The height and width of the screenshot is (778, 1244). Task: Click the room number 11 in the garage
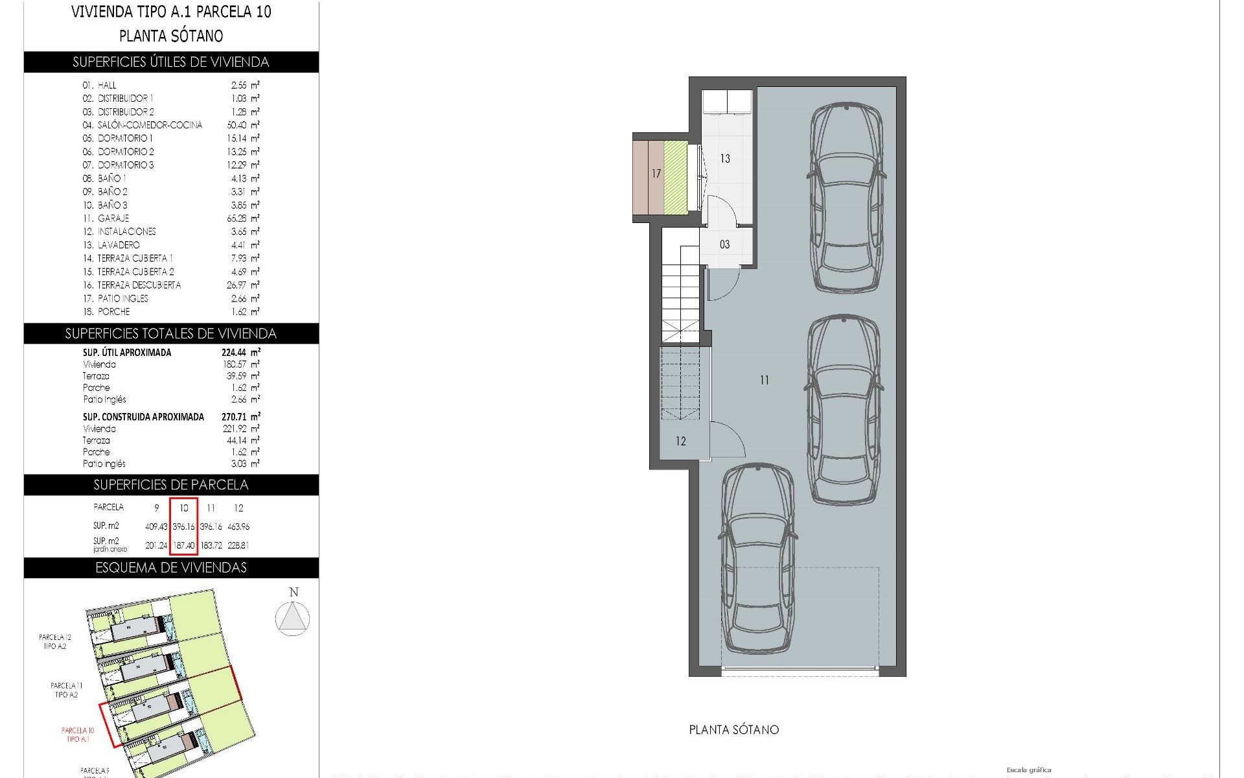click(765, 381)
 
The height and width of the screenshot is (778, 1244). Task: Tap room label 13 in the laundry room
click(725, 158)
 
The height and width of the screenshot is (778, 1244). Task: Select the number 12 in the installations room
click(680, 442)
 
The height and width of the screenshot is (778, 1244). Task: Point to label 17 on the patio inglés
click(656, 174)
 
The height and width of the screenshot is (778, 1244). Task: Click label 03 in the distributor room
click(724, 244)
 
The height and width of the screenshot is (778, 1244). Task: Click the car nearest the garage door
click(757, 559)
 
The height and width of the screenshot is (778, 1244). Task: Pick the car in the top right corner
click(846, 197)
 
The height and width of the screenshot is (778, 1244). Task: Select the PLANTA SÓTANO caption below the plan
click(733, 730)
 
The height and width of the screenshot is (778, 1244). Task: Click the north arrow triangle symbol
click(292, 618)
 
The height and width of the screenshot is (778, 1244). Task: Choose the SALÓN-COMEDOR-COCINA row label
click(150, 125)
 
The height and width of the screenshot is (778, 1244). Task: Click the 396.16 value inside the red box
click(183, 526)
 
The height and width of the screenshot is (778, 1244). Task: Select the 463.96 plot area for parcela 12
click(238, 526)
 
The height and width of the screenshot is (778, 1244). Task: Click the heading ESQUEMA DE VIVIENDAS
click(171, 568)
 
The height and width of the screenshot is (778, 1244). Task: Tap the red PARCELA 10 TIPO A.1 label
click(78, 735)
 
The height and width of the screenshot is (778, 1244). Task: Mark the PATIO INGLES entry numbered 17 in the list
click(122, 298)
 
